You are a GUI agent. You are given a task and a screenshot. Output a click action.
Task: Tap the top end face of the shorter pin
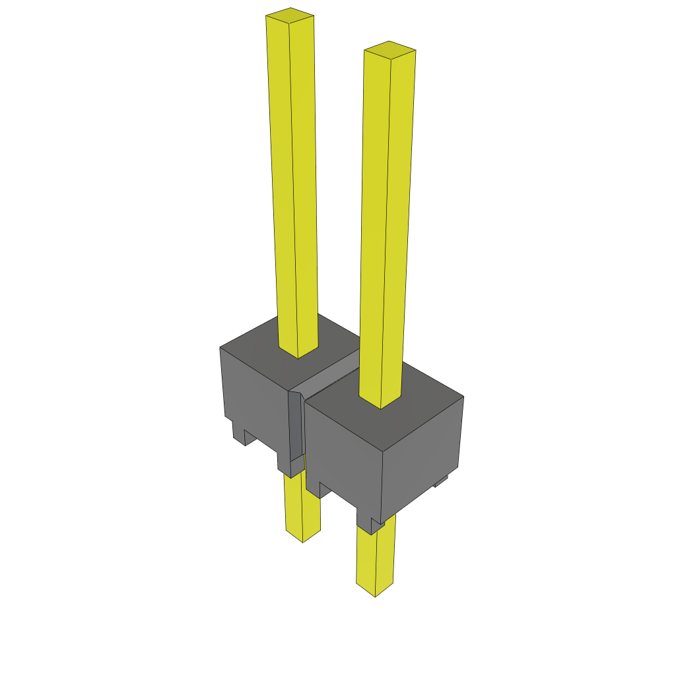point(389,50)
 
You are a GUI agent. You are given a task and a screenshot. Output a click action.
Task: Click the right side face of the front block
point(422,449)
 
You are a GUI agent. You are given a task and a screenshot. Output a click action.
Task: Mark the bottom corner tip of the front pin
point(376,597)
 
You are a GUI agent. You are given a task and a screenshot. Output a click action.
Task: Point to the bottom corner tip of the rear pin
point(303,542)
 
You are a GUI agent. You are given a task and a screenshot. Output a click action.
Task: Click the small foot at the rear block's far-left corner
point(238,432)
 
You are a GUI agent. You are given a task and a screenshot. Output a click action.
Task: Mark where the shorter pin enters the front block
point(380,404)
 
